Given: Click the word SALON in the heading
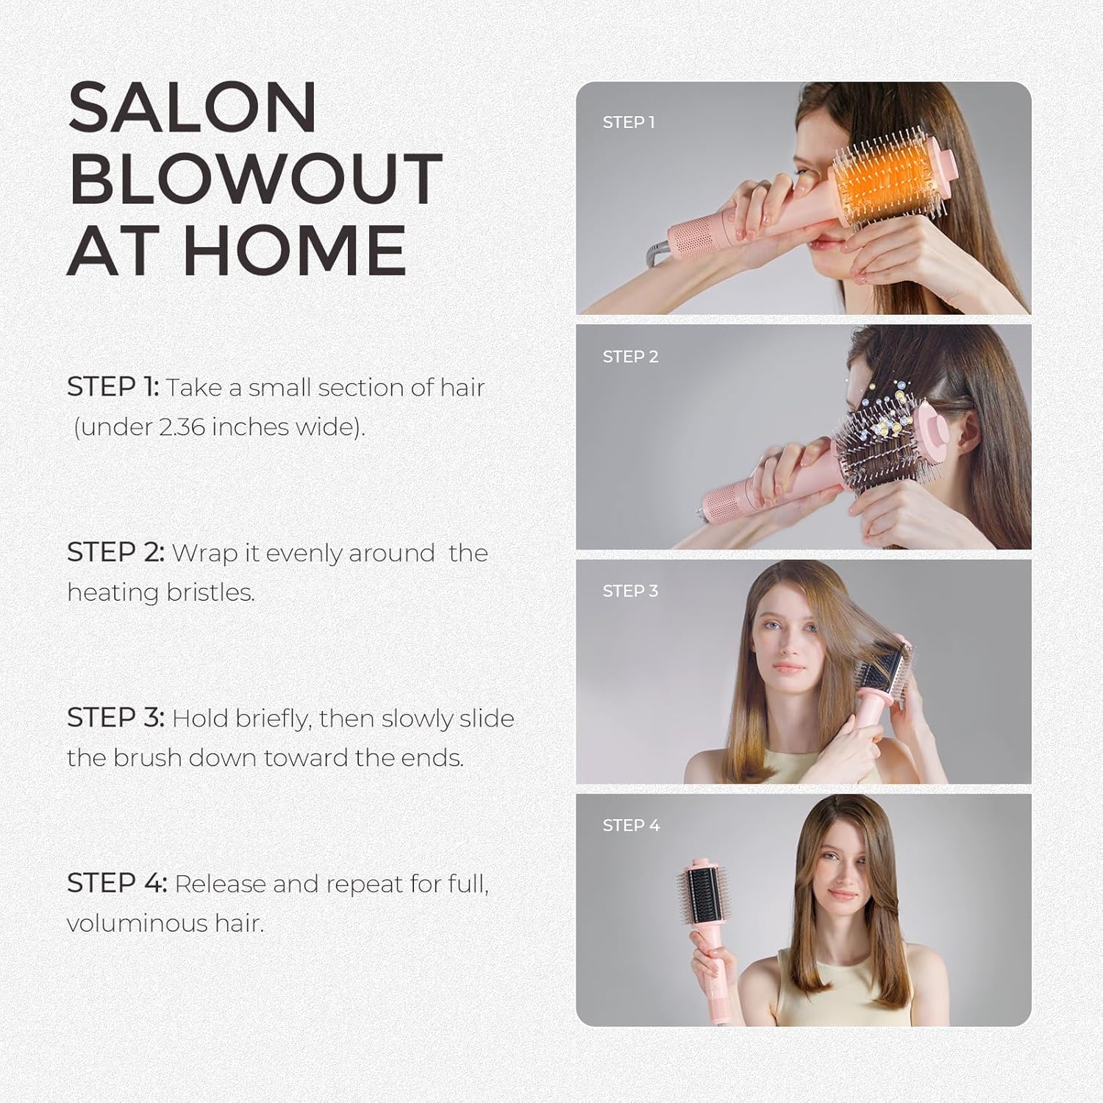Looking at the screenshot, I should [x=192, y=108].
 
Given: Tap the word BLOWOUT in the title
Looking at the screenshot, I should [x=255, y=179].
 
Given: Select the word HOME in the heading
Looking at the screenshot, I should [x=294, y=251].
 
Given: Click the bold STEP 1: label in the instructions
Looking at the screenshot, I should [x=113, y=387].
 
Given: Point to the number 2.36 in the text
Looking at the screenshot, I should [x=182, y=426].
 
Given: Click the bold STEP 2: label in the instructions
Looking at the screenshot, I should [x=115, y=552].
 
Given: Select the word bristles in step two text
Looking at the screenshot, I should [x=210, y=592].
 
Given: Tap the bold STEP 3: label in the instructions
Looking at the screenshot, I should [x=115, y=718].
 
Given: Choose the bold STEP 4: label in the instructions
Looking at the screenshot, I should [x=117, y=883].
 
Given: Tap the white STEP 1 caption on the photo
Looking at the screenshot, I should [x=629, y=123].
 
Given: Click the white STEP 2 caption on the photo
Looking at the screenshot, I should [x=630, y=357].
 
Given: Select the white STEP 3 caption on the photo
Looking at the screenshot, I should [x=630, y=591].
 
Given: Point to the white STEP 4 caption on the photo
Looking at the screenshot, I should [x=631, y=826].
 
